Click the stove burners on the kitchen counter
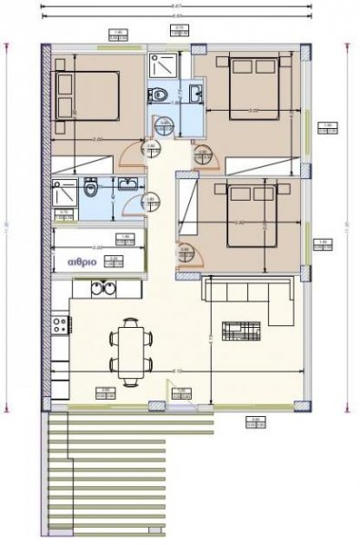coord(57,323)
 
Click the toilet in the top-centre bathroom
coord(160,93)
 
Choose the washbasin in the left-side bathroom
coord(128,187)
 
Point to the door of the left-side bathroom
coord(143,202)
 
